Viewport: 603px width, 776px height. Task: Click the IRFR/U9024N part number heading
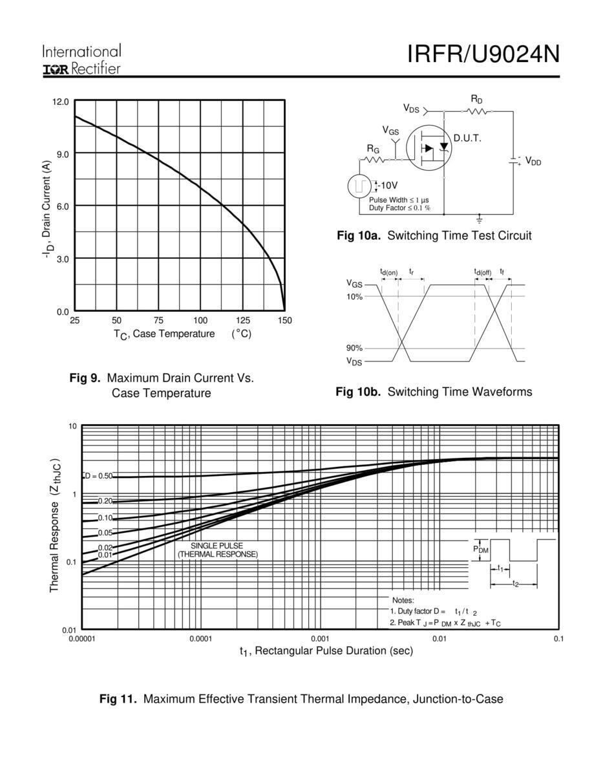point(483,54)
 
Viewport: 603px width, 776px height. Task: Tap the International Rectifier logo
point(81,60)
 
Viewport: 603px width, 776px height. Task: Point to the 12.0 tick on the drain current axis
point(60,102)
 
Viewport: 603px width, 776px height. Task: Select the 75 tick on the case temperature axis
point(158,320)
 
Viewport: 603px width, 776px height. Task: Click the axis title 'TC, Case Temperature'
point(164,334)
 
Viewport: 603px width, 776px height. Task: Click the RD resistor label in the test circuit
point(476,100)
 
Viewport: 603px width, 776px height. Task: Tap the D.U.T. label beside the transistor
point(467,138)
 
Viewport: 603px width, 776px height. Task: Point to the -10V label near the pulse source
point(386,186)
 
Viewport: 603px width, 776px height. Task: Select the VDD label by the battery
point(533,161)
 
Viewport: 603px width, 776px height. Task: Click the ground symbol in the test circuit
point(479,218)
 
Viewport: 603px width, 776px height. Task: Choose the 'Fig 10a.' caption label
point(359,235)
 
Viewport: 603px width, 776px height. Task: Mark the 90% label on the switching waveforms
point(354,348)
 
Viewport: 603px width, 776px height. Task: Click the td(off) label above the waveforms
point(483,272)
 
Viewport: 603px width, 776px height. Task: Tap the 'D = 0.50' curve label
point(98,476)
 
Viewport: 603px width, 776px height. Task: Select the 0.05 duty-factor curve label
point(105,533)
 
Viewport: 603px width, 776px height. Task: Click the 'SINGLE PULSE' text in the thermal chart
point(217,546)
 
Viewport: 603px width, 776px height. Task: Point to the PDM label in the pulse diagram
point(481,549)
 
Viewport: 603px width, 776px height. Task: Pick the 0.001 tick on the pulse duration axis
point(320,639)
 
